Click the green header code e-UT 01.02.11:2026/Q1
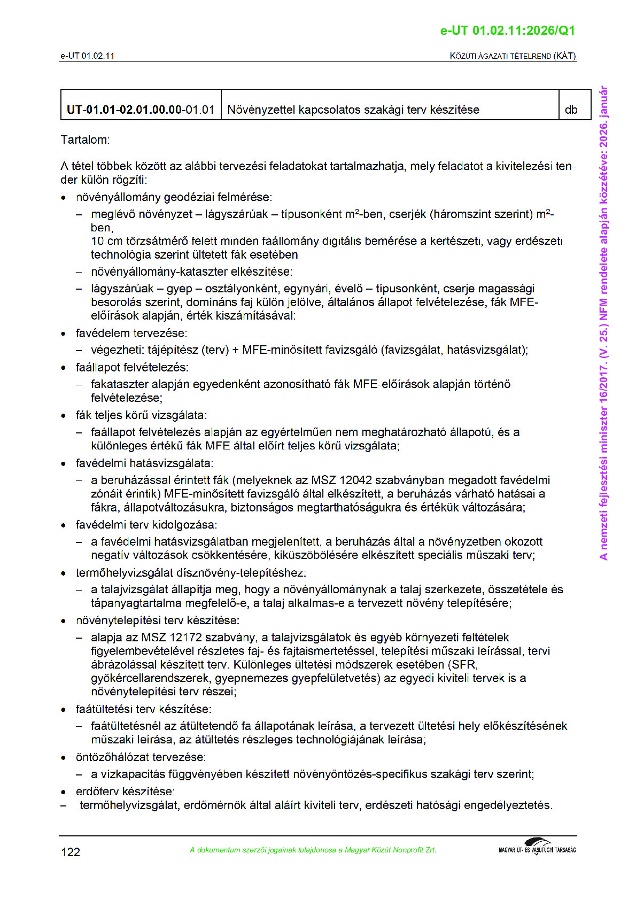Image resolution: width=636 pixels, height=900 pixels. pos(507,30)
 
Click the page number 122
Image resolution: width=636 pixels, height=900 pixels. pos(70,852)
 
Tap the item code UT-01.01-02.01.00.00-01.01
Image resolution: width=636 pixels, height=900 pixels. pos(140,110)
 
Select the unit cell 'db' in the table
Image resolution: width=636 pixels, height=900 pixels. pos(571,110)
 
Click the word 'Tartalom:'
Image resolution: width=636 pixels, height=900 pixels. pos(85,140)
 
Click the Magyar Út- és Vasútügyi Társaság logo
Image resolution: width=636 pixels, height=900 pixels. pos(537,847)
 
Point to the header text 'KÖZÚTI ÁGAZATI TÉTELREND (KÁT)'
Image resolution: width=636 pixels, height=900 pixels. pos(513,56)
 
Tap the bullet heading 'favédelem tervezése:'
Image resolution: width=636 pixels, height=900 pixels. pos(131,333)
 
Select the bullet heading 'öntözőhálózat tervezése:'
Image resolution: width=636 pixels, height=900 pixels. pos(141,757)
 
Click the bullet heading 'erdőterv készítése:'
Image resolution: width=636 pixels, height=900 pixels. pos(125,792)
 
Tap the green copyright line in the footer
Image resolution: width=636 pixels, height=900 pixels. pos(313,850)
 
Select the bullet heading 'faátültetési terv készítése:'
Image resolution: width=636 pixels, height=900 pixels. pos(143,709)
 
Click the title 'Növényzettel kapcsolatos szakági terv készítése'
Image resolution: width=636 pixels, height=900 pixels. pos(353,110)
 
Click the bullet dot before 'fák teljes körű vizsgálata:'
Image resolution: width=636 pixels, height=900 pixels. pos(64,416)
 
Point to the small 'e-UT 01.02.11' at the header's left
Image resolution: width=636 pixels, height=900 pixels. pos(87,56)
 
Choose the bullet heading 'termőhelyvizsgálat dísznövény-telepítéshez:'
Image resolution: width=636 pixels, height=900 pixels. pos(191,573)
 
